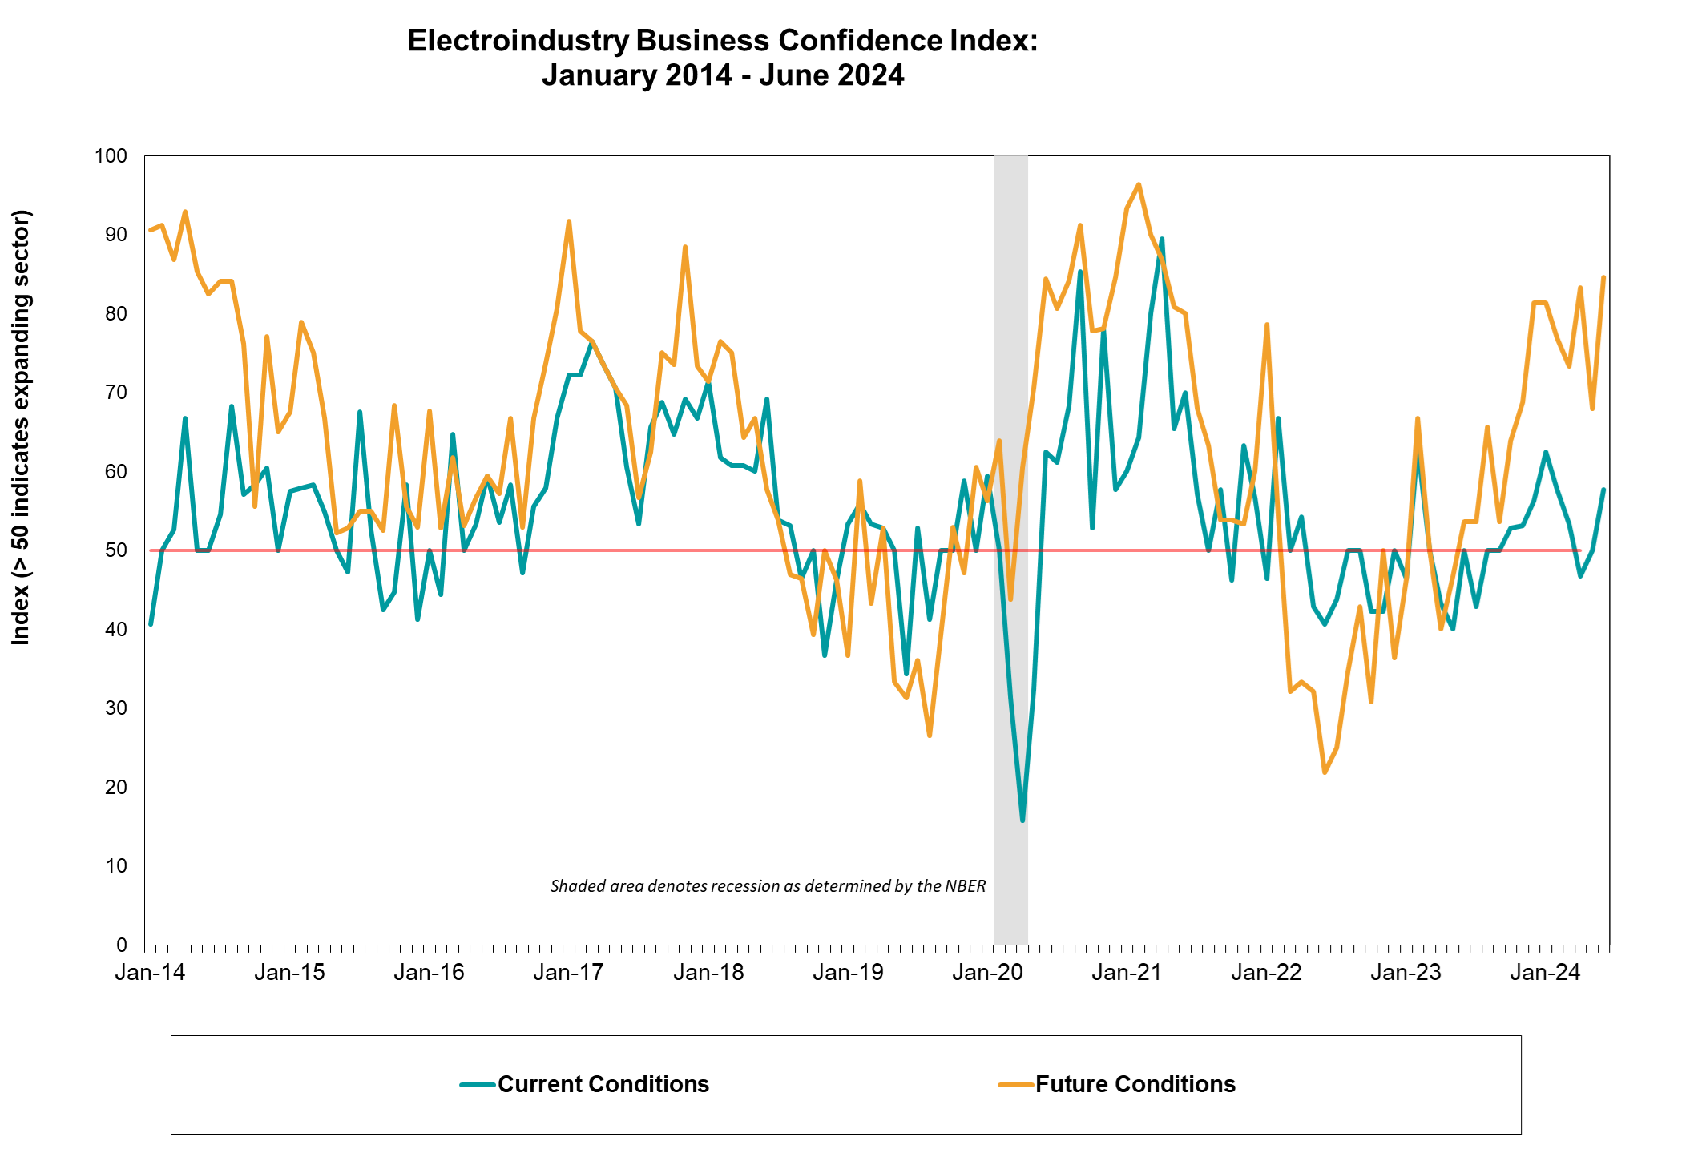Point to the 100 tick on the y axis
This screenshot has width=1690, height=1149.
pos(111,156)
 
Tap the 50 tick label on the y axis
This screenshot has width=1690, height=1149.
pos(117,550)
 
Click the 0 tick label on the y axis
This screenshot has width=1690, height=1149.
pos(122,945)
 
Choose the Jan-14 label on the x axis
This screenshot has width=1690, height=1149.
pos(151,973)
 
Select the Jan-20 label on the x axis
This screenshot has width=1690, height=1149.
pos(987,973)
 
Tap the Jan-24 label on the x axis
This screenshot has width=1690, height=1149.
pos(1545,973)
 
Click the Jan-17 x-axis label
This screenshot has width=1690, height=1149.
pos(569,973)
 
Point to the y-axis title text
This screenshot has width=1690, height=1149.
pos(21,427)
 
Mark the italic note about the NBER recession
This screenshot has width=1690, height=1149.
pos(768,886)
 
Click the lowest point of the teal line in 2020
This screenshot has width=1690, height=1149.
pos(1022,820)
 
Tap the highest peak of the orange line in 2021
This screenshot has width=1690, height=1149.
pos(1139,185)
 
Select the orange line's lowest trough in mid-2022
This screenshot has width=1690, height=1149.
pos(1325,772)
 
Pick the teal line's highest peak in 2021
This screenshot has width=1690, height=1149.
pos(1162,239)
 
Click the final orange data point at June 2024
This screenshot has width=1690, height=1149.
pos(1603,277)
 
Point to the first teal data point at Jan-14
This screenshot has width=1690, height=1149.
pos(151,624)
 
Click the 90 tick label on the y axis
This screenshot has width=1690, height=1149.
pos(117,235)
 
